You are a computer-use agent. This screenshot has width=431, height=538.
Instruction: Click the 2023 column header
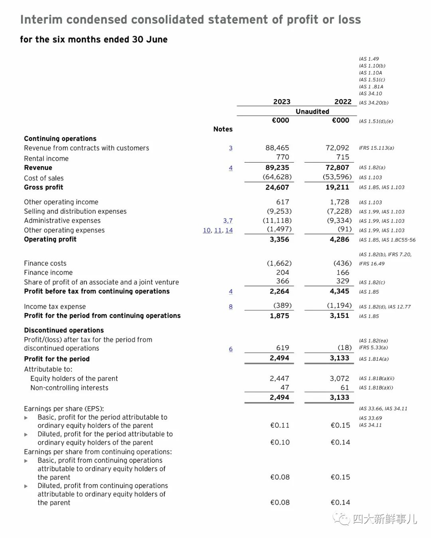(282, 102)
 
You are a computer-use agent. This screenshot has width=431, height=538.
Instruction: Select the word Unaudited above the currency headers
(312, 111)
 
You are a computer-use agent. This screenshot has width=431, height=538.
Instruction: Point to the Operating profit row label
(50, 239)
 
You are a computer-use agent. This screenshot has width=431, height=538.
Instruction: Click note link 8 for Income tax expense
(231, 306)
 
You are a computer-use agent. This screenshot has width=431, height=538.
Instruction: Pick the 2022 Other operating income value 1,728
(339, 202)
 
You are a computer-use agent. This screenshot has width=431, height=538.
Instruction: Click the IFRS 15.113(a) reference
(376, 148)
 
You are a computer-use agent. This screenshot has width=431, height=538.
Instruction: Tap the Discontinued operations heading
(64, 330)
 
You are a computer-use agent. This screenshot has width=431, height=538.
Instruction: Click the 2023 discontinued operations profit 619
(283, 348)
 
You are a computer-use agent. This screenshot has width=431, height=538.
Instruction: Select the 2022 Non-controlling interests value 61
(345, 387)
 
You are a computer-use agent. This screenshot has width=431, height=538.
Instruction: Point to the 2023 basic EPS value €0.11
(280, 425)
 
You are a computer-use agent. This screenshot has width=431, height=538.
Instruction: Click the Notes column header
(223, 129)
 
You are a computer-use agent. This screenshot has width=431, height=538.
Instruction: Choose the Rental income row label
(46, 159)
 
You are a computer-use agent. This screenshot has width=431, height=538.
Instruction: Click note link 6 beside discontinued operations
(231, 349)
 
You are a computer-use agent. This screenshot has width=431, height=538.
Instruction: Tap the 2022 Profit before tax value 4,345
(339, 291)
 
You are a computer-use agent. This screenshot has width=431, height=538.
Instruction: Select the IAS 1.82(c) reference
(372, 282)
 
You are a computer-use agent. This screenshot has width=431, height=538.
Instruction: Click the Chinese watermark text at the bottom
(384, 519)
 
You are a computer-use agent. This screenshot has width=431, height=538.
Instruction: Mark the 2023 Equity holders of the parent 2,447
(279, 378)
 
